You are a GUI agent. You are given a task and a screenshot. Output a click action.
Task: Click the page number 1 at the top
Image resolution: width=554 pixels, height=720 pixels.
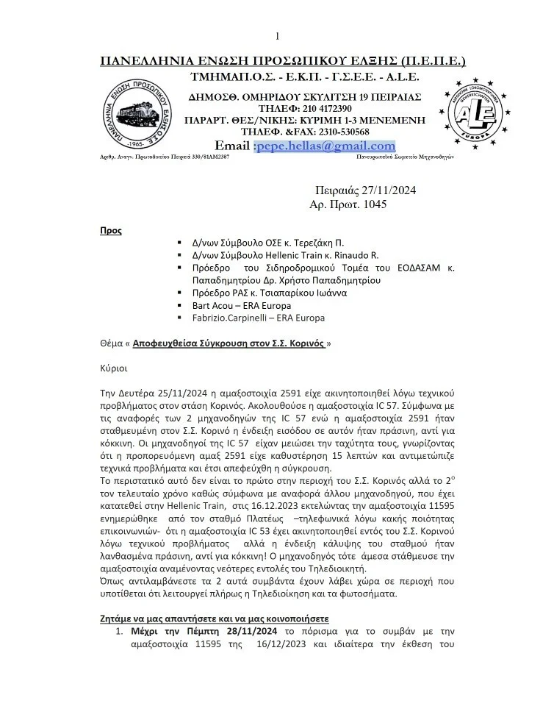click(x=278, y=36)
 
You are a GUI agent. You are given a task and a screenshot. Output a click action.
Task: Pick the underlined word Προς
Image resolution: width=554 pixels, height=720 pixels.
click(x=111, y=230)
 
